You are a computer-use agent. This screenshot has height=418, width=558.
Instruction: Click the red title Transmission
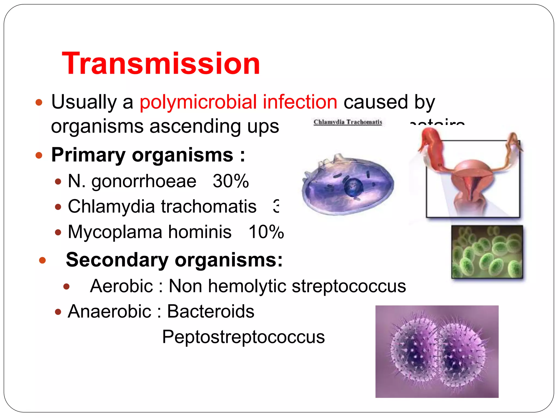pyautogui.click(x=161, y=64)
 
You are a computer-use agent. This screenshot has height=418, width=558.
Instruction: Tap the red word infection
pyautogui.click(x=300, y=102)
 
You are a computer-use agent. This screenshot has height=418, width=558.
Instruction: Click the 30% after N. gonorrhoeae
pyautogui.click(x=231, y=181)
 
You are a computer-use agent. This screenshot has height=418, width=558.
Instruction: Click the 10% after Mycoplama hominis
pyautogui.click(x=266, y=232)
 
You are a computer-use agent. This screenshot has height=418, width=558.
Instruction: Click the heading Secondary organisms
pyautogui.click(x=174, y=260)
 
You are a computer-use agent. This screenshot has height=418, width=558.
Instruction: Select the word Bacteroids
pyautogui.click(x=210, y=311)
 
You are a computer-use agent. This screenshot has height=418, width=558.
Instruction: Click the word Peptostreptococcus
pyautogui.click(x=243, y=337)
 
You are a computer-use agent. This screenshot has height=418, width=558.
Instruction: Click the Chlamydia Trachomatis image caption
pyautogui.click(x=348, y=122)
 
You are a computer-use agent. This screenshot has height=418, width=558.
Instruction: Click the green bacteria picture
pyautogui.click(x=487, y=252)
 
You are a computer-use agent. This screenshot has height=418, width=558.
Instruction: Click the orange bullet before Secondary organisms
pyautogui.click(x=43, y=260)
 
